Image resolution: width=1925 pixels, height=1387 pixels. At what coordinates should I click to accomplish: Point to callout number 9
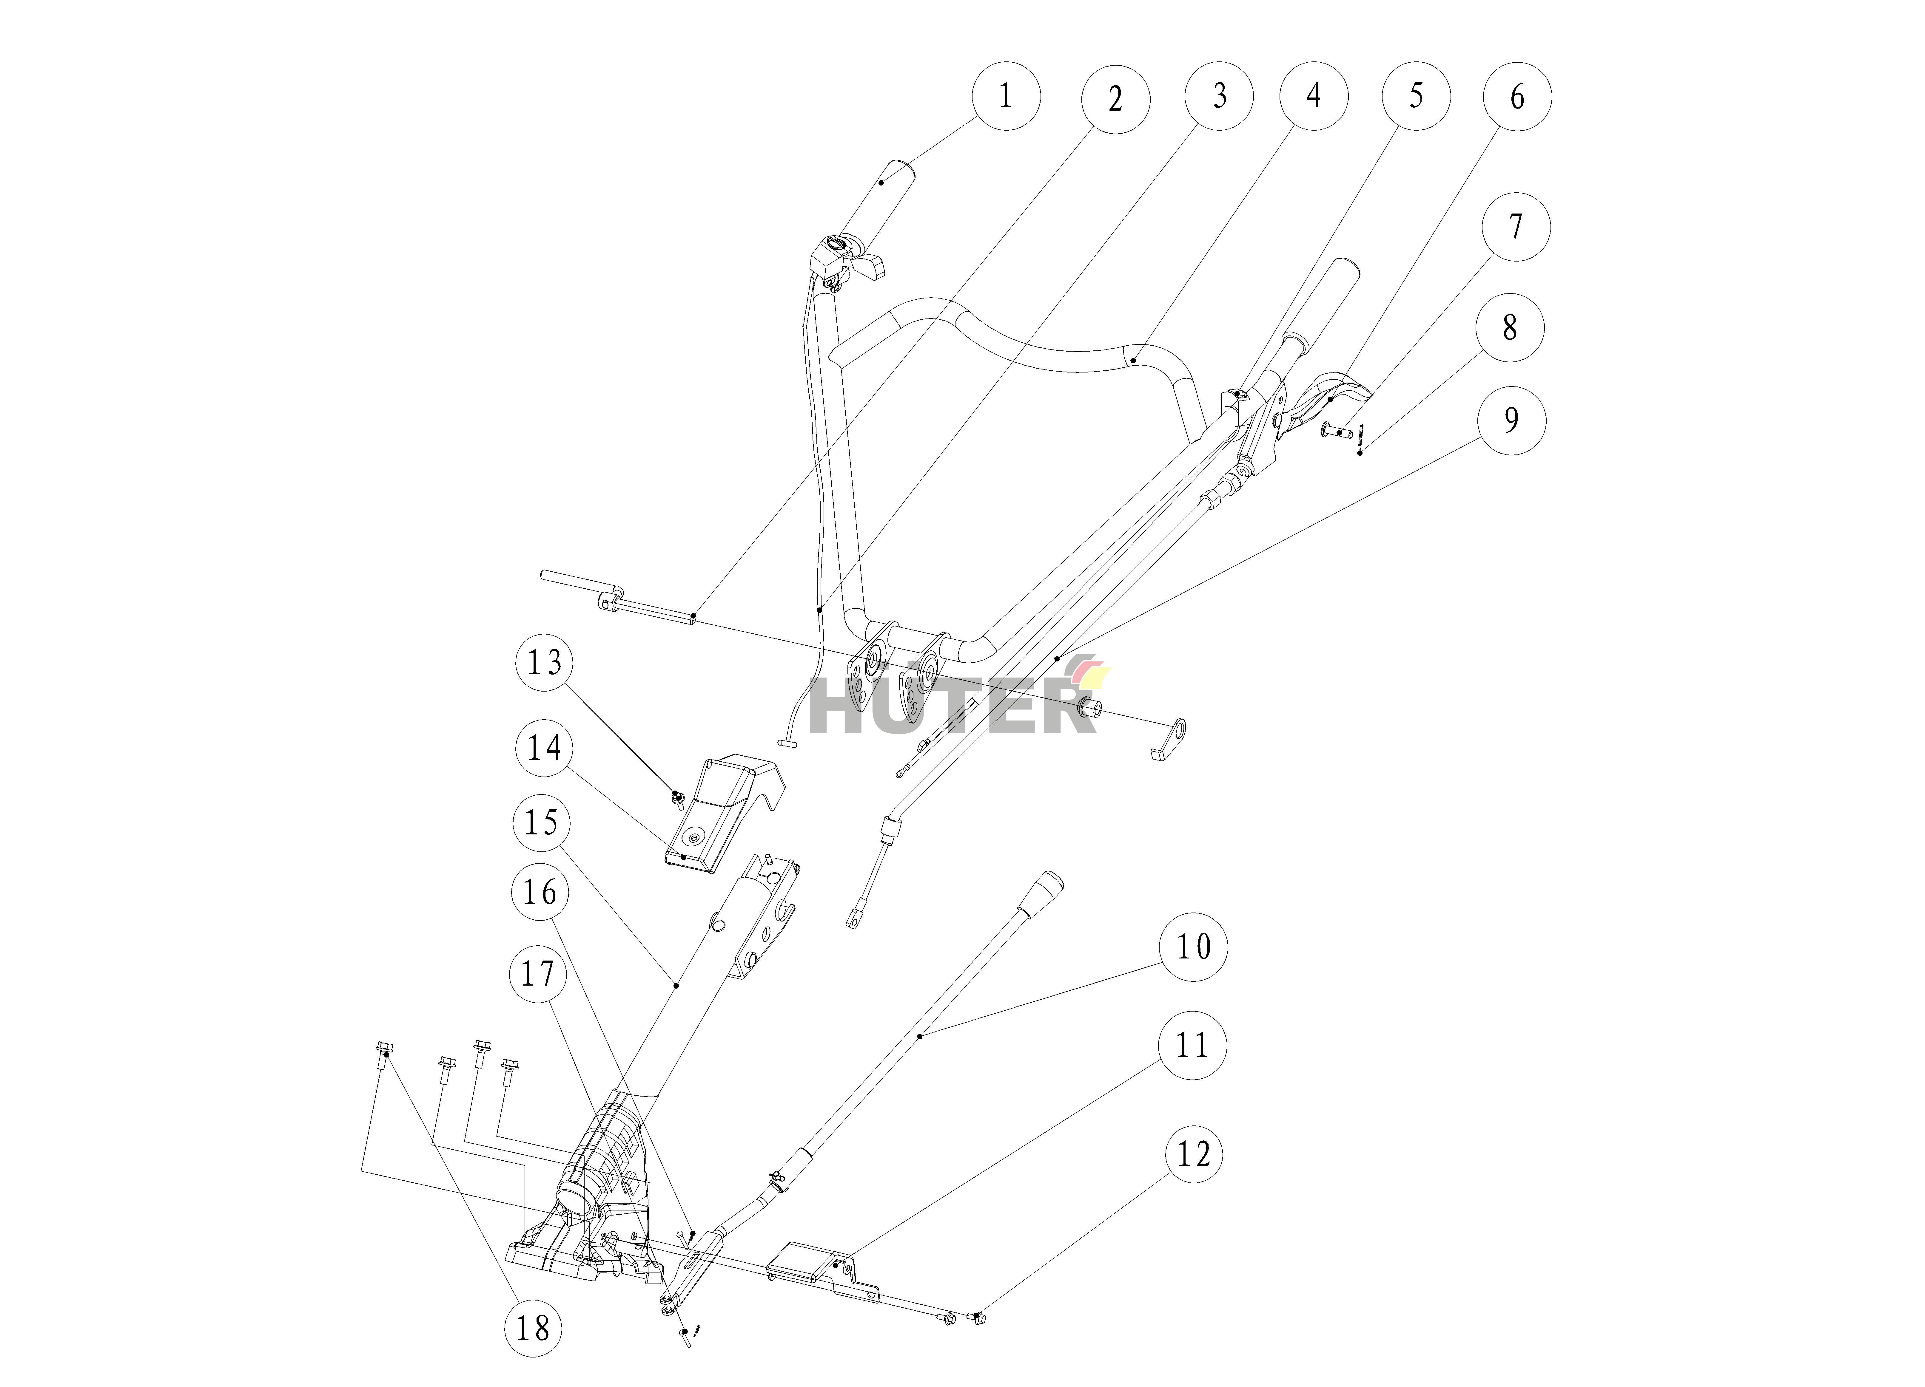(1511, 420)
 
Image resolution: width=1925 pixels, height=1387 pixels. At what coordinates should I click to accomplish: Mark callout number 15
(542, 822)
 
